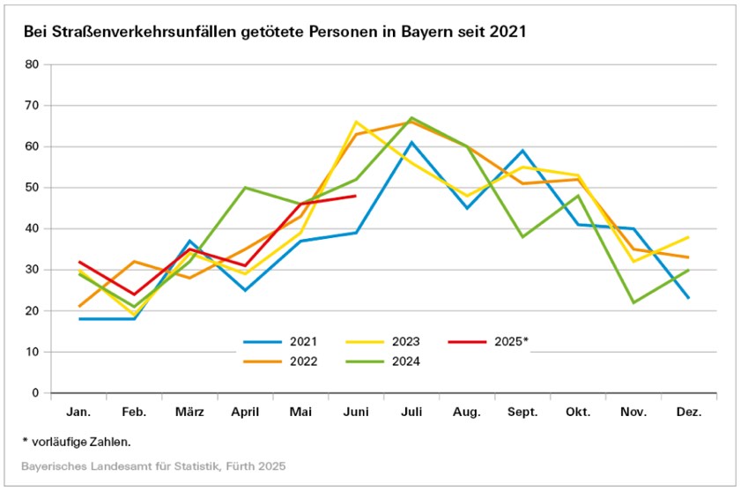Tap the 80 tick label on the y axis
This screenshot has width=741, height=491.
coord(33,64)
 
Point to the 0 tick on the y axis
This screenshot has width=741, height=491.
coord(36,393)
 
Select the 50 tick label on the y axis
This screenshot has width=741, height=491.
coord(33,188)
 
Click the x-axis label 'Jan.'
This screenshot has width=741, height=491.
coord(79,413)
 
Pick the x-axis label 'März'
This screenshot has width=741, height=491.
coord(189,413)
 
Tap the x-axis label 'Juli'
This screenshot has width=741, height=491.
coord(411,413)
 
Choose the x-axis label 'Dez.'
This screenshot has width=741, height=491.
coord(688,413)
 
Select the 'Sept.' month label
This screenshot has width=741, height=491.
coord(522,413)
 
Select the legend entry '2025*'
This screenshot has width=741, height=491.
coord(508,340)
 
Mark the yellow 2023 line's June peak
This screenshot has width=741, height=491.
coord(356,122)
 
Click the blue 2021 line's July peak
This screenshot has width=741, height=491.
coord(411,142)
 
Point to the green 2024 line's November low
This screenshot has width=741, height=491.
coord(633,302)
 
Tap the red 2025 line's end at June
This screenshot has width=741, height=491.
coord(356,196)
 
